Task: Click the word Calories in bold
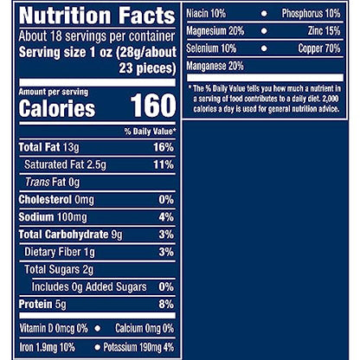click(56, 109)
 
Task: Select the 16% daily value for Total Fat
click(164, 147)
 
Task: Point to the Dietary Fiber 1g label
click(61, 252)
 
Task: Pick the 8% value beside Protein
click(166, 304)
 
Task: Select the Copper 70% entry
click(318, 48)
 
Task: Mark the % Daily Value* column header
click(150, 131)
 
